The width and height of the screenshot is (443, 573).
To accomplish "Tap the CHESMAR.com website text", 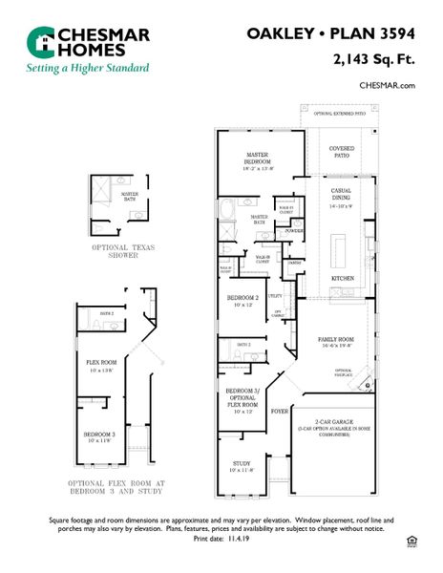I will coord(388,85).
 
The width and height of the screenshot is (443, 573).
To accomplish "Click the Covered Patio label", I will coord(342,152).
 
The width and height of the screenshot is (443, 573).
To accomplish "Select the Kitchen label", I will coord(343,278).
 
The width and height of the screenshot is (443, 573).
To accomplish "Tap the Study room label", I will coord(240,467).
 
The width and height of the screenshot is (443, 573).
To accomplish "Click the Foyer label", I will coord(279,412).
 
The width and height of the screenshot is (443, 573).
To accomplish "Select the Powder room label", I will coord(295,231).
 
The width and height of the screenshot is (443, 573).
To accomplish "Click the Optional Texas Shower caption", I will coord(123,251).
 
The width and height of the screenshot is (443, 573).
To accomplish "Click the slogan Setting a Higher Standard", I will coord(88,68).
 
